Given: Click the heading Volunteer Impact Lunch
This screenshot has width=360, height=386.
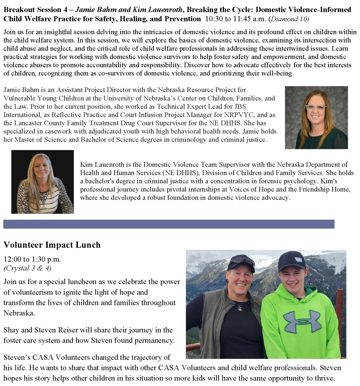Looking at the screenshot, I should point(52,245).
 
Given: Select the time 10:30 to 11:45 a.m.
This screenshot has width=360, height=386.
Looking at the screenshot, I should point(235,19).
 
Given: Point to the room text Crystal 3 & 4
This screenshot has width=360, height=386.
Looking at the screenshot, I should point(27,268).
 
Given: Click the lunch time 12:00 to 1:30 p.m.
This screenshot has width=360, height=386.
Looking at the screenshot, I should point(32,259).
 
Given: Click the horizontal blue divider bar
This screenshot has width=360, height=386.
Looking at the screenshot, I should point(169,224).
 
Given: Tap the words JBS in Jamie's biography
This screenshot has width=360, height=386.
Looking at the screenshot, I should point(240,106).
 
